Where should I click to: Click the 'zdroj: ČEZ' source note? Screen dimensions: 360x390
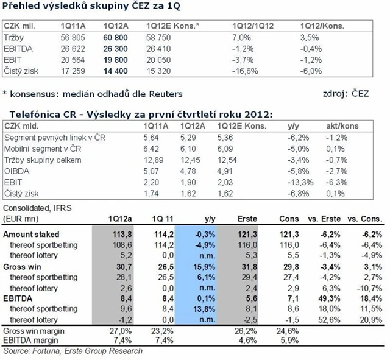(344, 94)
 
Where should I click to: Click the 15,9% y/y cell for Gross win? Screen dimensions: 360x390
(197, 267)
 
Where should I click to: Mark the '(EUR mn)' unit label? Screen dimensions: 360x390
(21, 217)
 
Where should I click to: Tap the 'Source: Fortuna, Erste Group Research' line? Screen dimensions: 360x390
(73, 351)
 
